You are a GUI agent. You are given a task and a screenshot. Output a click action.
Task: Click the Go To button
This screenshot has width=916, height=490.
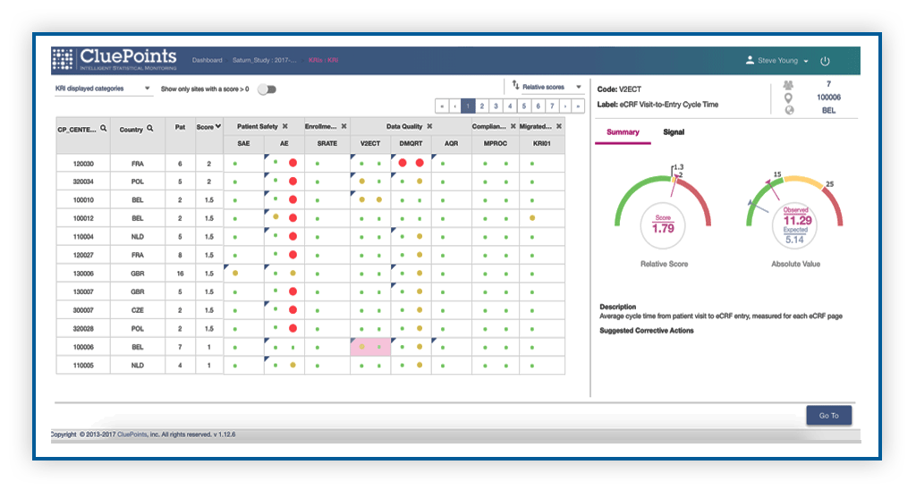[x=828, y=415]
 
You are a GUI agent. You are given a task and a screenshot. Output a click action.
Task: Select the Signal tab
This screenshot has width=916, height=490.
[x=674, y=132]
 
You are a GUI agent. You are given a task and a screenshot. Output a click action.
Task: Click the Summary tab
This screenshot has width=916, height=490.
[x=623, y=132]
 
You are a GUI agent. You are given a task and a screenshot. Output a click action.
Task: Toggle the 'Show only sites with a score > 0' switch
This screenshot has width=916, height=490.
[x=267, y=89]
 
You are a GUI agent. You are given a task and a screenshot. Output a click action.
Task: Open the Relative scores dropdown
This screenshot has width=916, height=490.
[x=547, y=87]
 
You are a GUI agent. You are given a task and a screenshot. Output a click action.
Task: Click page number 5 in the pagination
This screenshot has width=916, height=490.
[x=524, y=106]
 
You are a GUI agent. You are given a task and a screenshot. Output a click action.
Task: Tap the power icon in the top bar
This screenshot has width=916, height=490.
[x=825, y=61]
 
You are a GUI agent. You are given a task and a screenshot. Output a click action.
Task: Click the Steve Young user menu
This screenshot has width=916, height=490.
[x=777, y=61]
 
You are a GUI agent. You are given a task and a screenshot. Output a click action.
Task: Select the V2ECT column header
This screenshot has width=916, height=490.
[x=369, y=143]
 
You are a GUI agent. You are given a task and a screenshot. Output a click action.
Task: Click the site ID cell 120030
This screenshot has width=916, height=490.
[x=83, y=164]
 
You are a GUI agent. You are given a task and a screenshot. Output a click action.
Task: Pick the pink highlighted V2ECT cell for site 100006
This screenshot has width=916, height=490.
[x=369, y=346]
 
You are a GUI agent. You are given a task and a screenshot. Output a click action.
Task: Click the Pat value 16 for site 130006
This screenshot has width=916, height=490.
[x=181, y=273]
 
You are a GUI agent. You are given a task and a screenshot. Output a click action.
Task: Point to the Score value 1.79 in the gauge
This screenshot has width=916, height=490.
[x=664, y=228]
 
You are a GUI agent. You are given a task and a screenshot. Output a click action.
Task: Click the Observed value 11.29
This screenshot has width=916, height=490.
[x=795, y=220]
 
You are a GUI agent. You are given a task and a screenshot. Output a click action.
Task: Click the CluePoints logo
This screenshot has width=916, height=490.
[x=115, y=60]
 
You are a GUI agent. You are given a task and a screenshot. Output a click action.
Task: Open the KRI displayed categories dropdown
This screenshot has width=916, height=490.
[x=103, y=89]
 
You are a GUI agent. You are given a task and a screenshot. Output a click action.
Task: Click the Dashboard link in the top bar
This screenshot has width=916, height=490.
[x=207, y=61]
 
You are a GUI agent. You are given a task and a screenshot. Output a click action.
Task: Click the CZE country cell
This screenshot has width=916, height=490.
[x=137, y=309]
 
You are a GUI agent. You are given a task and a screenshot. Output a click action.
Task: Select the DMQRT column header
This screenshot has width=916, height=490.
[x=411, y=143]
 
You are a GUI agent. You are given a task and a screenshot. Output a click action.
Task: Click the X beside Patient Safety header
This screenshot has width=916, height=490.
[x=284, y=127]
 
